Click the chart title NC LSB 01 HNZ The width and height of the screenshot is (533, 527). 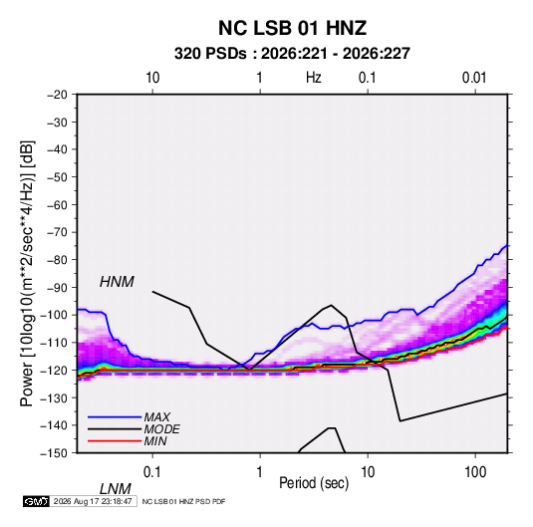(x=292, y=28)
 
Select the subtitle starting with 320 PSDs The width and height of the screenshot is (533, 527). (x=292, y=54)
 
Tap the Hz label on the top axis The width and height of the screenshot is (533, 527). (x=314, y=78)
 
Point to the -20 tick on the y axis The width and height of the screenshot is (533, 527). (x=57, y=95)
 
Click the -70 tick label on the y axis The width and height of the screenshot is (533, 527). (x=57, y=232)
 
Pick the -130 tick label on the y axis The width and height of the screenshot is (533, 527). (x=54, y=397)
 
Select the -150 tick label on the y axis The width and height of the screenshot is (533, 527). (x=54, y=453)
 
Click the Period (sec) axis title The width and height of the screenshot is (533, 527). (x=314, y=483)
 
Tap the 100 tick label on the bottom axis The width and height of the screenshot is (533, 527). (x=475, y=472)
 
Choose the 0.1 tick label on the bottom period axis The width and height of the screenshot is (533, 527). (x=151, y=472)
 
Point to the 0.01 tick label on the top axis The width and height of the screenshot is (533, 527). (x=474, y=78)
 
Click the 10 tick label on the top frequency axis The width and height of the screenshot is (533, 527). (x=152, y=78)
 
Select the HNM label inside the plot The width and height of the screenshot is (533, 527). (x=117, y=282)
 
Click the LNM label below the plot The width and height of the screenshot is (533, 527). (x=115, y=489)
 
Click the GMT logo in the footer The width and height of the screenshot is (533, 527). (x=36, y=501)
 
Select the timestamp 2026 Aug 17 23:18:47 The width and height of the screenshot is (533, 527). (x=93, y=501)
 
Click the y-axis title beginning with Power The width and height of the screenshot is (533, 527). (x=27, y=273)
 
